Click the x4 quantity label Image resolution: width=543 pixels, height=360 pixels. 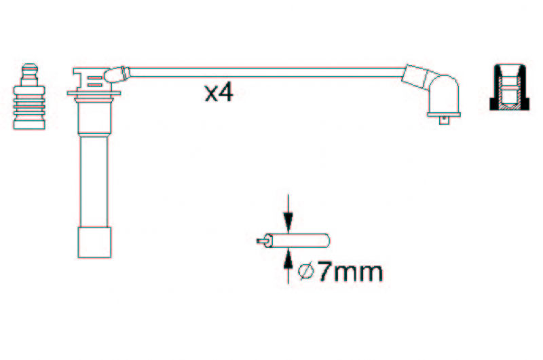pos(219,93)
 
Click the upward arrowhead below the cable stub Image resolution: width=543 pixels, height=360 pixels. pos(288,259)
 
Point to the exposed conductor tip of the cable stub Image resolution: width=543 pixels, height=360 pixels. pos(261,241)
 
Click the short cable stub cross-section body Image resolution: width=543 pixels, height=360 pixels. pos(297,240)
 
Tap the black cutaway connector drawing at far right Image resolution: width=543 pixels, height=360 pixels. pos(510,88)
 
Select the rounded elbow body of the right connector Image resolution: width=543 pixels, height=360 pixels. pos(445,93)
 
